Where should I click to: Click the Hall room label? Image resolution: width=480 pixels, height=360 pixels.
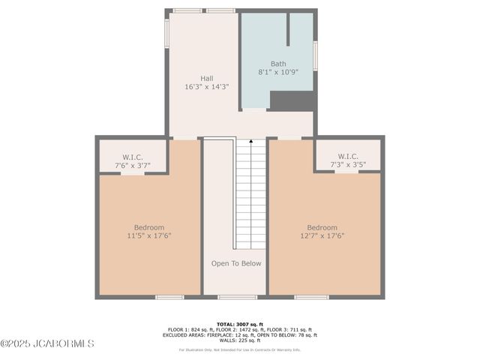pyautogui.click(x=206, y=78)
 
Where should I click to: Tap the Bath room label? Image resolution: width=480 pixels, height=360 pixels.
pyautogui.click(x=277, y=64)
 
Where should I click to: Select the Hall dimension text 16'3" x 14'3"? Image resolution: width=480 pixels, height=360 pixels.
pyautogui.click(x=206, y=87)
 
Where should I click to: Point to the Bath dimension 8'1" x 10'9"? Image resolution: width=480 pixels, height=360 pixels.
pyautogui.click(x=277, y=73)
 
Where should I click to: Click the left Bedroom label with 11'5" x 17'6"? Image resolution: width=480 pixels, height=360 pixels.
pyautogui.click(x=148, y=227)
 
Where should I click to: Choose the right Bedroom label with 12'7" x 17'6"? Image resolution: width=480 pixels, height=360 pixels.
pyautogui.click(x=322, y=227)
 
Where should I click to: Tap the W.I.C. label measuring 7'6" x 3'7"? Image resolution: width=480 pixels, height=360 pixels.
pyautogui.click(x=133, y=157)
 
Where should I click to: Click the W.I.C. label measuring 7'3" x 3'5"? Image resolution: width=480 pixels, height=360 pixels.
pyautogui.click(x=347, y=157)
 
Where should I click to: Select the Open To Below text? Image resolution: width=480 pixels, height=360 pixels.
pyautogui.click(x=235, y=263)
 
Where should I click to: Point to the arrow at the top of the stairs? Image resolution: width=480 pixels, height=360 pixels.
pyautogui.click(x=250, y=142)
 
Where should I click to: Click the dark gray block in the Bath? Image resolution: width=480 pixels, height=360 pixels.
pyautogui.click(x=291, y=101)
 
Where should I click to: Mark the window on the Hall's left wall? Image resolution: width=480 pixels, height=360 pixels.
pyautogui.click(x=166, y=34)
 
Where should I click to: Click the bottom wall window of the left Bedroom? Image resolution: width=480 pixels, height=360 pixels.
pyautogui.click(x=169, y=297)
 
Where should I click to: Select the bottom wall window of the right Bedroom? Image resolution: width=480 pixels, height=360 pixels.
pyautogui.click(x=311, y=297)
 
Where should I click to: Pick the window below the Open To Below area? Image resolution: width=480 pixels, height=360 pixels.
pyautogui.click(x=237, y=297)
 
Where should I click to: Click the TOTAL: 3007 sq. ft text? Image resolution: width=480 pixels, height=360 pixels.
pyautogui.click(x=240, y=324)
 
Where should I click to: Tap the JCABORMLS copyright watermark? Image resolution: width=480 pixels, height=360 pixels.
pyautogui.click(x=47, y=343)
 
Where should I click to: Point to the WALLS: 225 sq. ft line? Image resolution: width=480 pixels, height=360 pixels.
pyautogui.click(x=240, y=340)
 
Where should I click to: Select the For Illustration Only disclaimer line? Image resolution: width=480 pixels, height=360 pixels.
pyautogui.click(x=240, y=349)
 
